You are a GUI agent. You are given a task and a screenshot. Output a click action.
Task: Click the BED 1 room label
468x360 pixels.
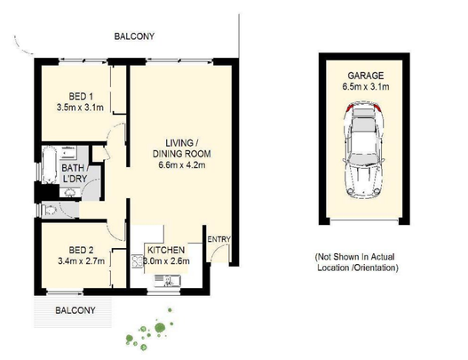point(81,97)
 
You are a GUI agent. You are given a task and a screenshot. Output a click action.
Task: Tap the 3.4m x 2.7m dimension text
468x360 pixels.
point(81,261)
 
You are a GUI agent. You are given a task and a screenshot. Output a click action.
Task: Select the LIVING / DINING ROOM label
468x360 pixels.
point(181,148)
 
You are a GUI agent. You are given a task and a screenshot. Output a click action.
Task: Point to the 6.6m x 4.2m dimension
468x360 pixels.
point(182,164)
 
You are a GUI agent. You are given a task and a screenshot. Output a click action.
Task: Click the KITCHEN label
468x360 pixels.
point(166,250)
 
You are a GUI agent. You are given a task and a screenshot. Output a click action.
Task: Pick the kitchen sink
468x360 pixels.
point(167,281)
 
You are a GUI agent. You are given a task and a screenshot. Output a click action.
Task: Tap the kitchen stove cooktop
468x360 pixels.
point(138,260)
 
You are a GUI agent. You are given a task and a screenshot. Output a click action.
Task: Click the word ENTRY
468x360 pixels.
point(219,239)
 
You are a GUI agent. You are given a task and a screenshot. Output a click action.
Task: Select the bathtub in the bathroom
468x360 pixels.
point(49,164)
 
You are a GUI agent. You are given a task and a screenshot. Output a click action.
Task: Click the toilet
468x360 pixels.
point(49,211)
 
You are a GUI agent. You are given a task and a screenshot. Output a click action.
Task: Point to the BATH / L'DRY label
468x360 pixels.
point(74,173)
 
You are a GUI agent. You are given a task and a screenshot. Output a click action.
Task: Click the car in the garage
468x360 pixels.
point(364,150)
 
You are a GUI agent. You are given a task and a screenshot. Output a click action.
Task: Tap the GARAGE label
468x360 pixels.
point(366,76)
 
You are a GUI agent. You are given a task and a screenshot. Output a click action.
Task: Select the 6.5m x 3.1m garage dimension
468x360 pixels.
point(366,86)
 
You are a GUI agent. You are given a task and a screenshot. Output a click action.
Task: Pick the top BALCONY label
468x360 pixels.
point(134,36)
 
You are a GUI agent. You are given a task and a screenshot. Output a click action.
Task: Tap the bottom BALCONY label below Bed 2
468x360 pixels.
point(75,310)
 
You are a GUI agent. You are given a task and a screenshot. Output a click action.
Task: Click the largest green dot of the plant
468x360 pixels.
point(160,327)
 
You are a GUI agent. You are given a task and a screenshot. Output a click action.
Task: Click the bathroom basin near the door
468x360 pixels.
point(70,193)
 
